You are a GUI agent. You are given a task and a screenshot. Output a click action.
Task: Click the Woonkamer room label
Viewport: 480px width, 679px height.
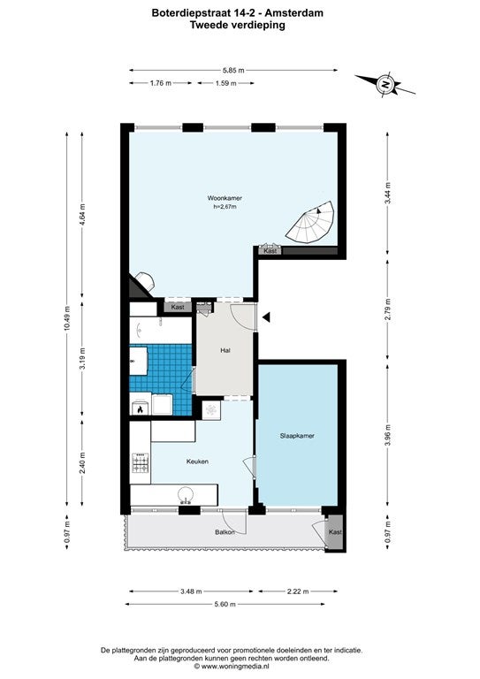[x=225, y=198]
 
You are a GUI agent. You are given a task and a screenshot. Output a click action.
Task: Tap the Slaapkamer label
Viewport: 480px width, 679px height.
[x=297, y=436]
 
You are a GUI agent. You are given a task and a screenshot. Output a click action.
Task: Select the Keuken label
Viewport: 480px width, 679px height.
[x=197, y=462]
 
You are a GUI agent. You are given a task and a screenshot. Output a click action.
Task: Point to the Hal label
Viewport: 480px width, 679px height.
[x=225, y=350]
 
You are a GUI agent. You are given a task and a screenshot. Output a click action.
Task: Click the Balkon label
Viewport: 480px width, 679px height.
[x=225, y=531]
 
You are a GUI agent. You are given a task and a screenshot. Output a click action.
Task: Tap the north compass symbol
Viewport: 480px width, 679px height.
[x=385, y=85]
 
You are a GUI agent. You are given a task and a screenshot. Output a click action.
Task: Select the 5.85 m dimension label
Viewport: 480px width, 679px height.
[x=233, y=70]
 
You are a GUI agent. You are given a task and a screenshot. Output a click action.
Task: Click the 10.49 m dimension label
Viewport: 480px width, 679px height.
[x=66, y=318]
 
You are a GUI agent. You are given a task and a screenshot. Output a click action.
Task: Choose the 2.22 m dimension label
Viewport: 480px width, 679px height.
[x=298, y=591]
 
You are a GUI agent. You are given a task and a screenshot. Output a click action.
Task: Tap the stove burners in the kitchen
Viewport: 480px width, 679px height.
[x=141, y=463]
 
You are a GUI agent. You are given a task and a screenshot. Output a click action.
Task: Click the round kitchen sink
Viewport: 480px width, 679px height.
[x=187, y=495]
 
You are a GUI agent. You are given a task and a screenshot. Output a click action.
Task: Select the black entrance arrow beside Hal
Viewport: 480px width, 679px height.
[x=266, y=317]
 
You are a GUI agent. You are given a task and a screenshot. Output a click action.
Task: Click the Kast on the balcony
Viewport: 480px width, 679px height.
[x=335, y=531]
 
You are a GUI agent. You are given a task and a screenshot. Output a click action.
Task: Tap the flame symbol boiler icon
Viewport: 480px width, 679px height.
[x=140, y=408]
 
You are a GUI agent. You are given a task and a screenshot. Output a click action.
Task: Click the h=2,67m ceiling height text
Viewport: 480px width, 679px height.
[x=225, y=207]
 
